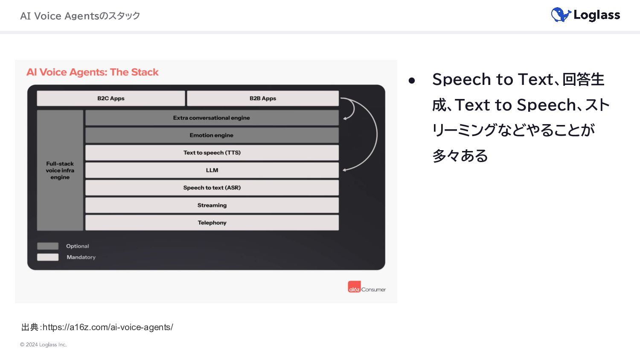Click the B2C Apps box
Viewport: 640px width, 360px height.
tap(111, 98)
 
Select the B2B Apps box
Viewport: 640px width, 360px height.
tap(263, 98)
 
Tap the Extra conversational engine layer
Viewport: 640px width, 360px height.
tap(212, 118)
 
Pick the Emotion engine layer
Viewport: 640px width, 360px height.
tap(212, 135)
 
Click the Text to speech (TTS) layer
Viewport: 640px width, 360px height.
tap(212, 153)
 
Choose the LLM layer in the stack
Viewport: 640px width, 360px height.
tap(212, 170)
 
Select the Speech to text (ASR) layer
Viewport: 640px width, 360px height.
tap(212, 188)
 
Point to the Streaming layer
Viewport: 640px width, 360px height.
tap(212, 205)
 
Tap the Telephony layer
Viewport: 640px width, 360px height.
tap(212, 223)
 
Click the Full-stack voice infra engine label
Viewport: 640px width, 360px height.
tap(60, 170)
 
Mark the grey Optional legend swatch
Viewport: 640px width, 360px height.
tap(48, 246)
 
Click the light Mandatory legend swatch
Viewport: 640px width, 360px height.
tap(48, 257)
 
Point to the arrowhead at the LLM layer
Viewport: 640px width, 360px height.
tap(345, 170)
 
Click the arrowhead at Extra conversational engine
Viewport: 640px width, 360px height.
tap(345, 118)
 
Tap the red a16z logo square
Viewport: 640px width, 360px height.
tap(354, 287)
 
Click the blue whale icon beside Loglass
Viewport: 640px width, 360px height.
tap(561, 15)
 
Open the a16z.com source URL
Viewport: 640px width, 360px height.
tap(108, 327)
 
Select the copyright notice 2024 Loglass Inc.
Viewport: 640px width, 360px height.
tap(43, 345)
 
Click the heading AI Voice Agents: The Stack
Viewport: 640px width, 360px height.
tap(92, 72)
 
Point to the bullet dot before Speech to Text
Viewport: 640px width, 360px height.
tap(412, 81)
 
